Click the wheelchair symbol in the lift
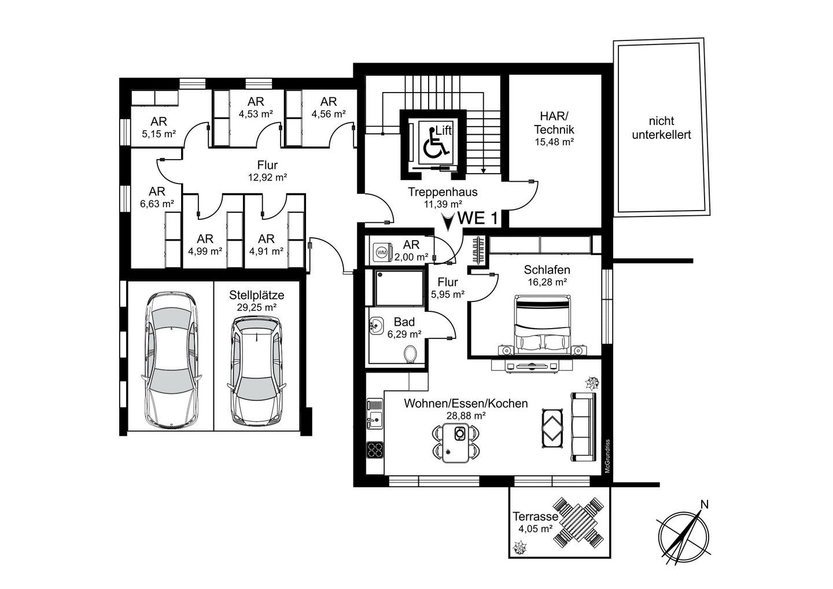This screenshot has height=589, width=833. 436,142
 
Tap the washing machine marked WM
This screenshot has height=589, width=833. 382,252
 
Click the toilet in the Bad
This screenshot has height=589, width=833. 411,354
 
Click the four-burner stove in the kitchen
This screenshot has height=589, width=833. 375,449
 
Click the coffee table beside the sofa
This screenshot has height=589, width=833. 552,428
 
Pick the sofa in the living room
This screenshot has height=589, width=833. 584,427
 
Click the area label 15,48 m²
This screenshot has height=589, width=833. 554,142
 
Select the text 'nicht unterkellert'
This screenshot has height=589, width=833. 661,127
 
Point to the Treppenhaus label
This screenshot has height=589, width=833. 443,192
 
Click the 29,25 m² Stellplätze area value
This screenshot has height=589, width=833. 257,307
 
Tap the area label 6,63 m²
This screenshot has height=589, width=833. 157,204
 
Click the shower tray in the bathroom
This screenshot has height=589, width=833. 399,288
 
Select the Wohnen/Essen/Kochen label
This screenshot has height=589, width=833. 466,403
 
